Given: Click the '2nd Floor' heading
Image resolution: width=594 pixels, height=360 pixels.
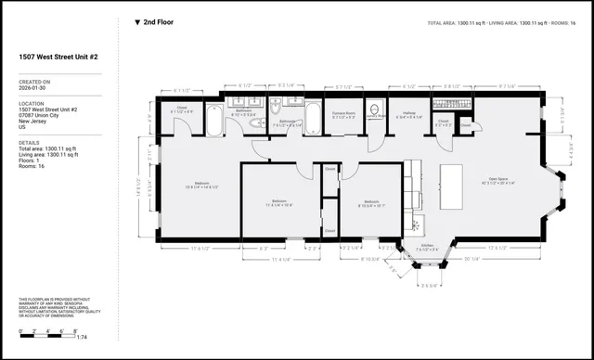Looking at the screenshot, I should [158, 21].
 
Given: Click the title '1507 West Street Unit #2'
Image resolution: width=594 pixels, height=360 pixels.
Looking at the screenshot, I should [60, 57].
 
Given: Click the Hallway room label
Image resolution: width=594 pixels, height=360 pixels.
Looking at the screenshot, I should [408, 116].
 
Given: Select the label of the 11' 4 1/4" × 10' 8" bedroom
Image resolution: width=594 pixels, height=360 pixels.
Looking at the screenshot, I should [280, 202].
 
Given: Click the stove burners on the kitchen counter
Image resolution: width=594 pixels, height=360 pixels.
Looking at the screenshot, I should [417, 223].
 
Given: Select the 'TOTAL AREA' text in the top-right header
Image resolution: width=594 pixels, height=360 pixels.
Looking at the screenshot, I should [451, 22].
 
